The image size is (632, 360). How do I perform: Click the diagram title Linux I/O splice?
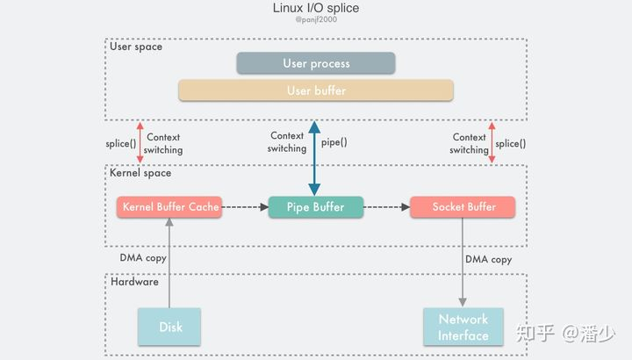click(x=316, y=9)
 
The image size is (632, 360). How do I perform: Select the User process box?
click(x=316, y=63)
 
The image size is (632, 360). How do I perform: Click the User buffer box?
click(x=316, y=90)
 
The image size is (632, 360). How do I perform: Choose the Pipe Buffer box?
click(x=315, y=207)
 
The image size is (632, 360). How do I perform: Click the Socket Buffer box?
click(x=463, y=207)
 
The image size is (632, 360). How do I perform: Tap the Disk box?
click(x=169, y=327)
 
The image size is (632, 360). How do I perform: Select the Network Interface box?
click(x=463, y=327)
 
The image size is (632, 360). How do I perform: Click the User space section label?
click(x=136, y=47)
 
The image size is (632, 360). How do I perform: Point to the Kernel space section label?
click(x=140, y=174)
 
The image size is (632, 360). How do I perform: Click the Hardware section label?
click(x=134, y=282)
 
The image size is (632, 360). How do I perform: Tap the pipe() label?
click(x=333, y=142)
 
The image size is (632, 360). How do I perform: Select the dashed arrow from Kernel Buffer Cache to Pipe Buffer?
click(x=244, y=207)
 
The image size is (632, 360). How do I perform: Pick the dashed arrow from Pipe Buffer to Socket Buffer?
click(x=386, y=207)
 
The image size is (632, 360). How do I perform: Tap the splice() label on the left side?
click(x=120, y=143)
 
